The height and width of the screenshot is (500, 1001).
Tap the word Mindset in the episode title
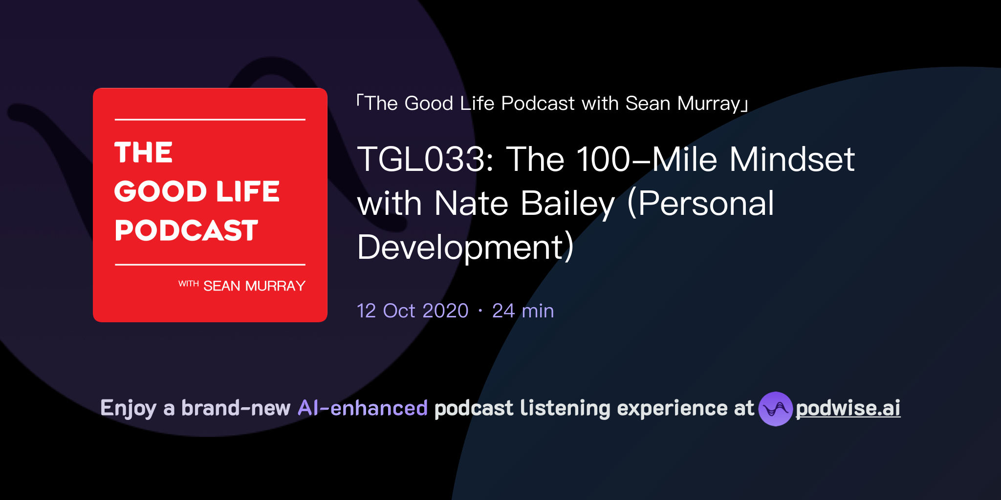click(792, 160)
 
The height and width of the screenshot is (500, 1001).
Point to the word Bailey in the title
click(567, 204)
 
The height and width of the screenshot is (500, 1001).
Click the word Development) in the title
click(465, 248)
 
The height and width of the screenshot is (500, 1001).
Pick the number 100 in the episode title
click(603, 160)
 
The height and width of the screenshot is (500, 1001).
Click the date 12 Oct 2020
click(413, 311)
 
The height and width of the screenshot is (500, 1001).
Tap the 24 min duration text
click(523, 311)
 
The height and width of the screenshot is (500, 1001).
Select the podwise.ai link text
click(848, 408)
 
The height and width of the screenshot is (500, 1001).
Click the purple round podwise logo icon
click(775, 409)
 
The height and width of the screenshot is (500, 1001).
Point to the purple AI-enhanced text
click(363, 408)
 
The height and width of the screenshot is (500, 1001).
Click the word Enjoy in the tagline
click(129, 408)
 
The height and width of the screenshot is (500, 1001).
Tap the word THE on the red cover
click(144, 152)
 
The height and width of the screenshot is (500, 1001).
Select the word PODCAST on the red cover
click(186, 230)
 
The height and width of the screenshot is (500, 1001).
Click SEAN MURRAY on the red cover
click(254, 286)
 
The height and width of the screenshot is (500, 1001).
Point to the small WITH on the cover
click(188, 284)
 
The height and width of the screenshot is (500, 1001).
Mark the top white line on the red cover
click(210, 120)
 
